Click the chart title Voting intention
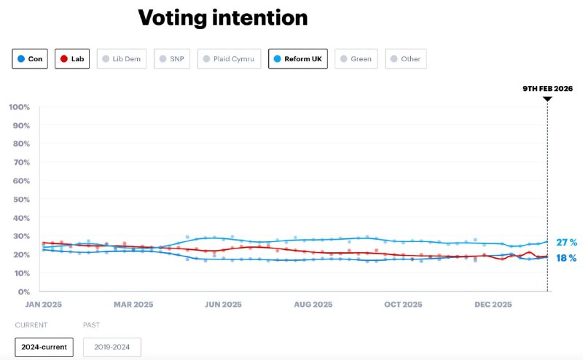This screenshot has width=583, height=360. point(222,17)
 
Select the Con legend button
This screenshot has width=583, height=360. point(30,58)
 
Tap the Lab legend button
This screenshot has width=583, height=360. point(72,58)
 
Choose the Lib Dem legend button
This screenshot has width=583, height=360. point(120,58)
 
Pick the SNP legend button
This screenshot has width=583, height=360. point(172,58)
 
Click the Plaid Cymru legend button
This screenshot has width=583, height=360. point(229,58)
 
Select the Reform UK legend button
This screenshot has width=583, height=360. point(298,58)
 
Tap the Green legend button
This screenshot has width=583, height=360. point(356,58)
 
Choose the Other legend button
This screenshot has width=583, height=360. point(405,58)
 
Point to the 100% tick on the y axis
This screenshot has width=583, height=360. point(19,107)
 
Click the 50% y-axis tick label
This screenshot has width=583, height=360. point(20,199)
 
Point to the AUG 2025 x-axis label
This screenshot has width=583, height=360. point(313,305)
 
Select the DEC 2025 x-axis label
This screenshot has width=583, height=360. point(493,305)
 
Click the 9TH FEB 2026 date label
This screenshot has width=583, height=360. point(547,88)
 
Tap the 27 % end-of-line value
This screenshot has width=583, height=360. point(567,243)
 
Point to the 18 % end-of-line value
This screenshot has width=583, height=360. point(567,258)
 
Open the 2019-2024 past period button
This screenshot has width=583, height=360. point(111,347)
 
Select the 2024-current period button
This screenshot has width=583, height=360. point(44,347)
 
